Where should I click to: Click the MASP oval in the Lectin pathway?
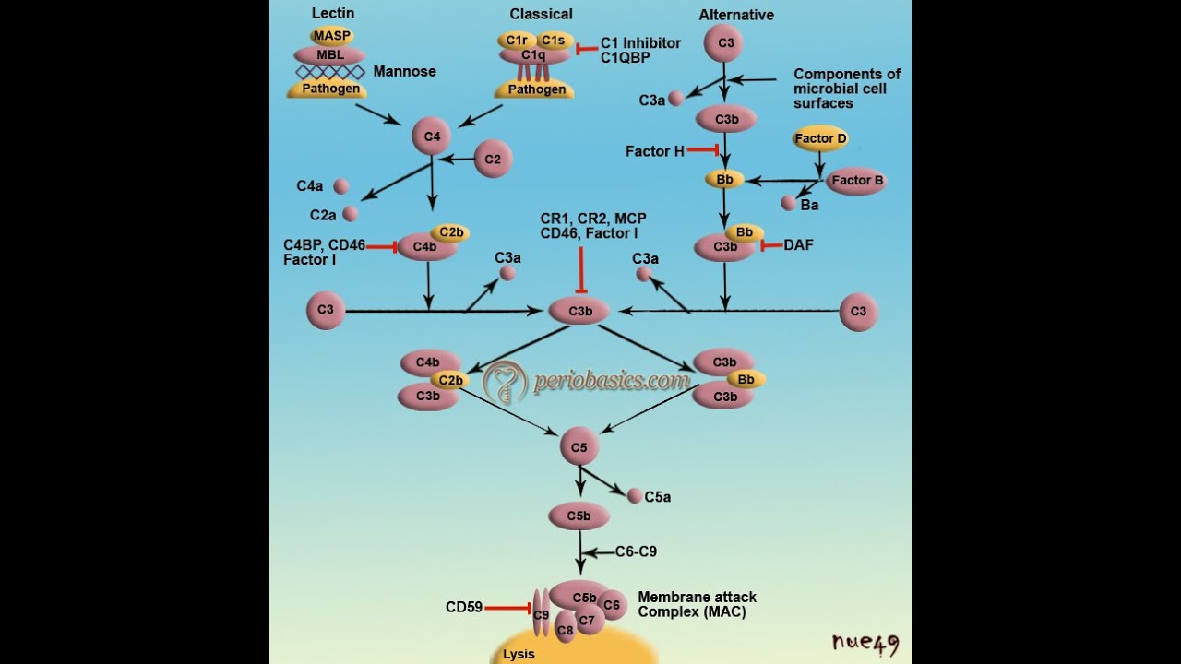(x=332, y=36)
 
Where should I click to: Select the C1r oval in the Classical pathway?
(x=516, y=41)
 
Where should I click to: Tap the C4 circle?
(x=432, y=137)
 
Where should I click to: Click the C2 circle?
(x=493, y=160)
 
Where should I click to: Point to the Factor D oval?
(x=820, y=138)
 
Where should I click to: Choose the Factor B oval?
(x=856, y=181)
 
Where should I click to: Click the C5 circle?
(x=579, y=448)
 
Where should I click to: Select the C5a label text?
(x=657, y=497)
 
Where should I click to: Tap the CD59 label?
(x=464, y=607)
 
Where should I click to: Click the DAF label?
(x=798, y=245)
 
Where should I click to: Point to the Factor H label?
(x=654, y=151)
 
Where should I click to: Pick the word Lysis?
(x=519, y=655)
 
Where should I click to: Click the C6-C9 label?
(x=636, y=551)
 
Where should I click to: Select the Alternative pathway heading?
(x=736, y=15)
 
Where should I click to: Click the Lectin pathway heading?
(x=333, y=13)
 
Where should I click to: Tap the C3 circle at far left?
(x=326, y=310)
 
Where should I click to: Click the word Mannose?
(x=404, y=71)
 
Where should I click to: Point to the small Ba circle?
(x=788, y=203)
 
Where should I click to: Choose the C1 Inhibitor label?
(x=640, y=43)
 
